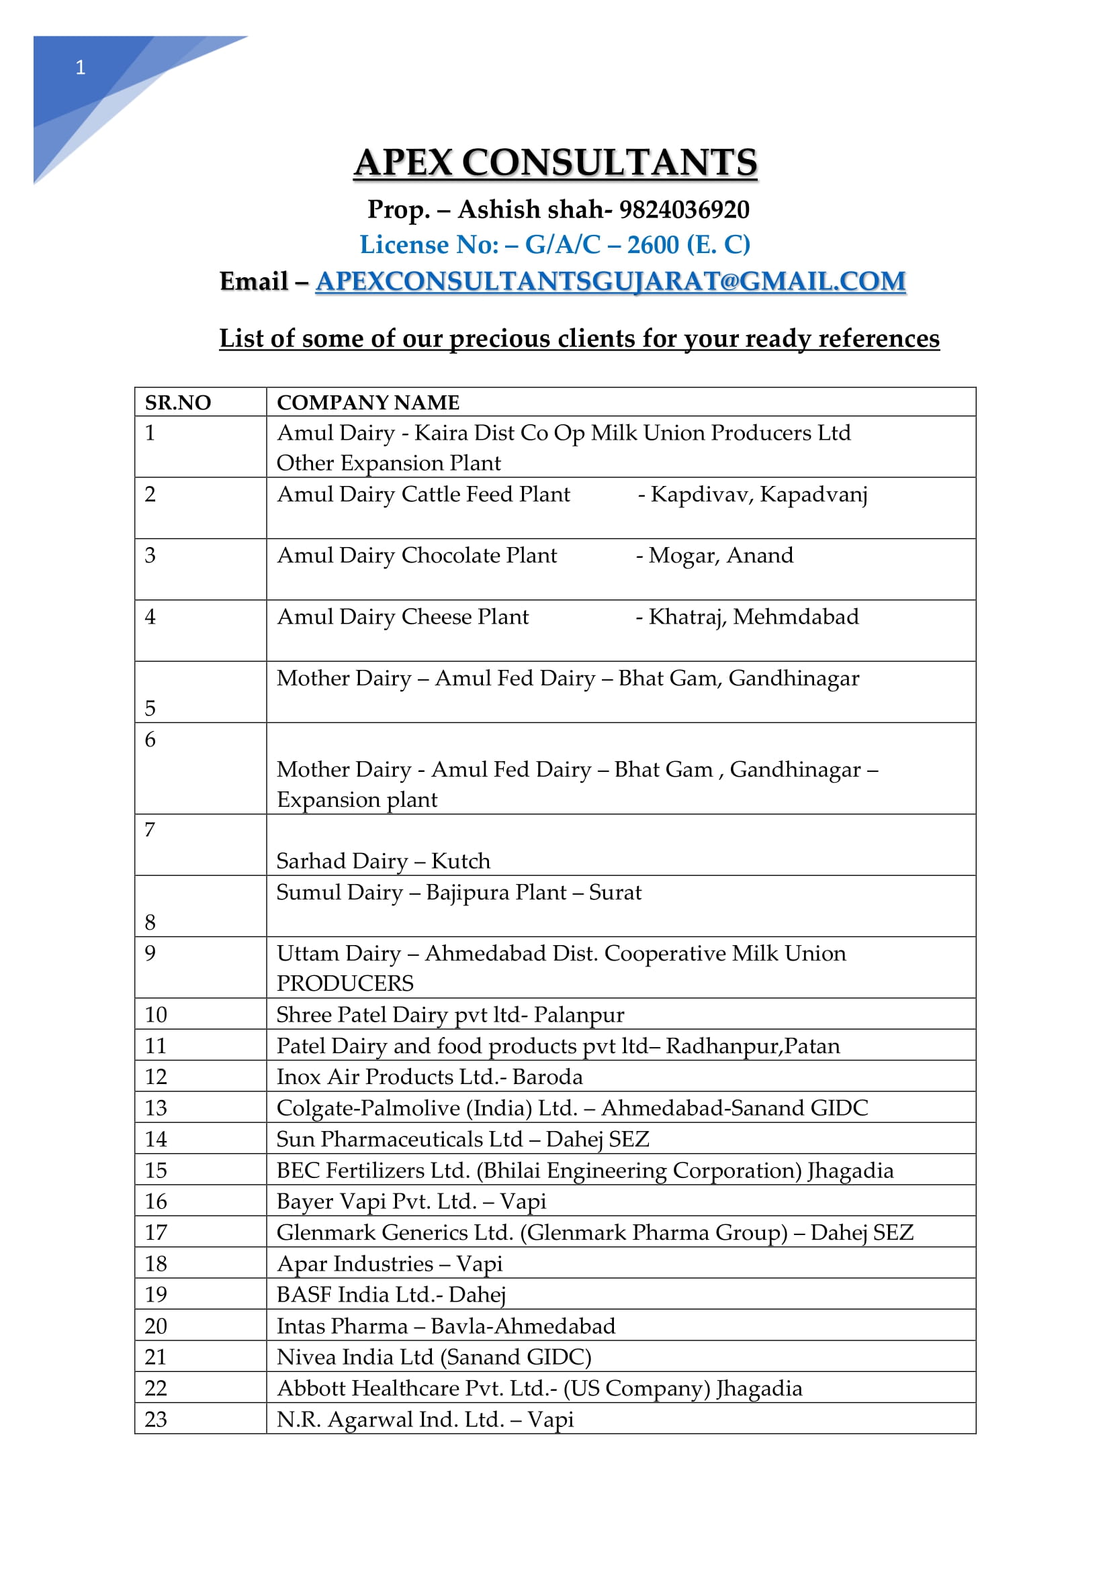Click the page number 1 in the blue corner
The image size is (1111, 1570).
[80, 67]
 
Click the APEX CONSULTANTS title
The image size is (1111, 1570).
[555, 162]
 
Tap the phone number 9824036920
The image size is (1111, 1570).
[684, 209]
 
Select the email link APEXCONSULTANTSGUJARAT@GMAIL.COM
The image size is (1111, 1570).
[610, 281]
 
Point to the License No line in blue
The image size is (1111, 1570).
[555, 245]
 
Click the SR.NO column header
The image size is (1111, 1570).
[178, 402]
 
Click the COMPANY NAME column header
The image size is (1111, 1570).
[368, 402]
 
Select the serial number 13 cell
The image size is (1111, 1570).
[156, 1108]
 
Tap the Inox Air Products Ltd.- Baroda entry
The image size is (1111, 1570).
[430, 1076]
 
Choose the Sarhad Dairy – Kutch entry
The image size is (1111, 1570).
[383, 861]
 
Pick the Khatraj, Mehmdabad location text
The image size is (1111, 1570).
[753, 617]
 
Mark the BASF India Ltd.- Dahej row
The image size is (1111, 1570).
[391, 1294]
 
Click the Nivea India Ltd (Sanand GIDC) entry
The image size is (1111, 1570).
[434, 1357]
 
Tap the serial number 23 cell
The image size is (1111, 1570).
[156, 1419]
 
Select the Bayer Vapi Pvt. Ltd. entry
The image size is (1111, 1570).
[411, 1201]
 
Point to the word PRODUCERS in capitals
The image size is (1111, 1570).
[345, 983]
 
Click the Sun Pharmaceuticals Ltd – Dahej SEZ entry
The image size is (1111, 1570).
[462, 1138]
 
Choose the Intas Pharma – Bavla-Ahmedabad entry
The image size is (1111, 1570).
[446, 1326]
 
